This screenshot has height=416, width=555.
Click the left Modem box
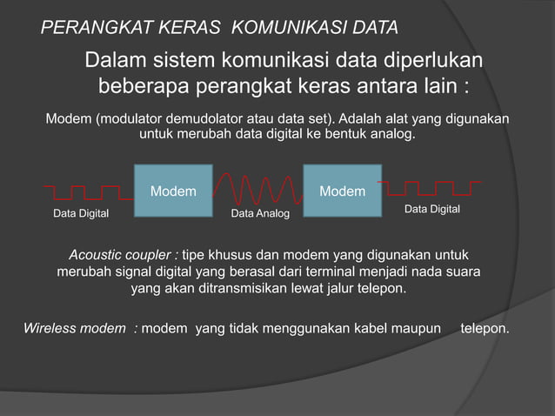[173, 190]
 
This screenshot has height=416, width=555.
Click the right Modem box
[342, 190]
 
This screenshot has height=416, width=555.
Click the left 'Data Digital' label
[82, 213]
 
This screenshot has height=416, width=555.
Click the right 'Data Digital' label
[431, 211]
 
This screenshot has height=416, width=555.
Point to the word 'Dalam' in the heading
[115, 62]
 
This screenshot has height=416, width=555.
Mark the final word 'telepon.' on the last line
[485, 329]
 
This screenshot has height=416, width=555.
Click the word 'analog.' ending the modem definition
[392, 137]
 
